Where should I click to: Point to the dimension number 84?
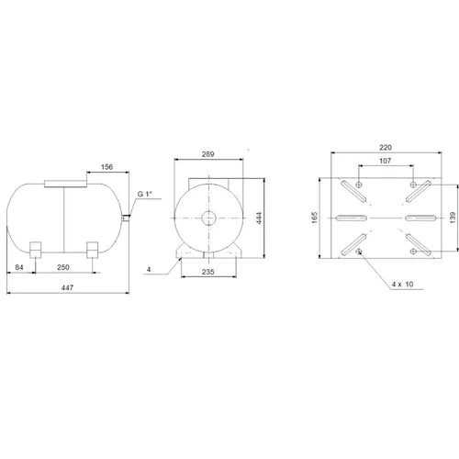[x=19, y=267]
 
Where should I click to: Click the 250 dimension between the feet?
[x=63, y=267]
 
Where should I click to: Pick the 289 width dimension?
[x=209, y=155]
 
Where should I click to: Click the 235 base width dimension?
[x=209, y=272]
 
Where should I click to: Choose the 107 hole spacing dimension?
[x=385, y=161]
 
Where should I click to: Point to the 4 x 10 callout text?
[x=401, y=284]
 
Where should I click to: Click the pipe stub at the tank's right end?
[x=126, y=217]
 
